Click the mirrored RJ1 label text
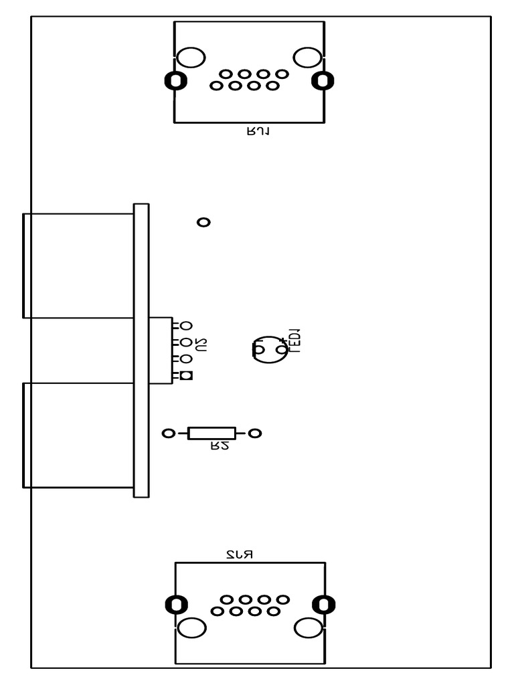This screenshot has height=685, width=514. (x=258, y=132)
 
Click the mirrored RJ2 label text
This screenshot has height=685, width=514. (x=239, y=555)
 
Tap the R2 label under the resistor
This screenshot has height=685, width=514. (x=220, y=446)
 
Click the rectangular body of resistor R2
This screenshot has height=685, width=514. (x=211, y=433)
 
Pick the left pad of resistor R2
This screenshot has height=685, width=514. (x=169, y=433)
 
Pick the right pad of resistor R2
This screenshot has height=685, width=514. (x=254, y=433)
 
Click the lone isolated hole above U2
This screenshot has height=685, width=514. (x=203, y=222)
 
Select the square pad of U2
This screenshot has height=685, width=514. (x=186, y=376)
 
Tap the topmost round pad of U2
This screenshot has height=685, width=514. (x=186, y=326)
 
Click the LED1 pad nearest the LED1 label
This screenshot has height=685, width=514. (x=282, y=349)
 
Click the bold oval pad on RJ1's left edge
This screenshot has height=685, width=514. (x=175, y=81)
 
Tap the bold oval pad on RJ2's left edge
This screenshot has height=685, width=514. (x=176, y=605)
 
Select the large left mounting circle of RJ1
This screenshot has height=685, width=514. (x=191, y=58)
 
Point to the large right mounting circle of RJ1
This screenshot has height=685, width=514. (x=308, y=58)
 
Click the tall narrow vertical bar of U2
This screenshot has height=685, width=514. (x=141, y=351)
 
